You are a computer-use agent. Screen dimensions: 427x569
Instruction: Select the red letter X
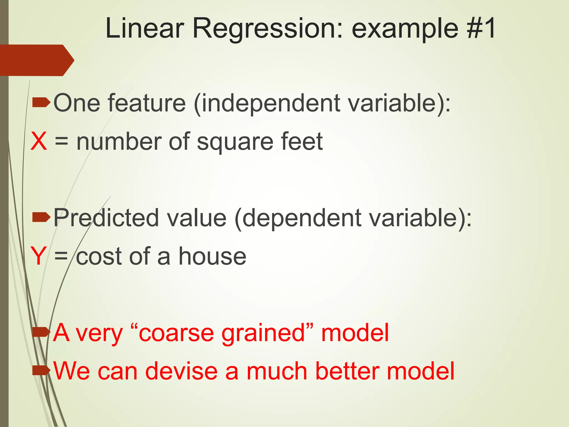click(x=39, y=141)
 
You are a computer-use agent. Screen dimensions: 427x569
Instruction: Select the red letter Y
click(x=38, y=256)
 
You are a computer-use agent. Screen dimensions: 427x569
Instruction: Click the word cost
click(x=99, y=256)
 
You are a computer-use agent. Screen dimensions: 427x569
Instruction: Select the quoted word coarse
click(x=178, y=333)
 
